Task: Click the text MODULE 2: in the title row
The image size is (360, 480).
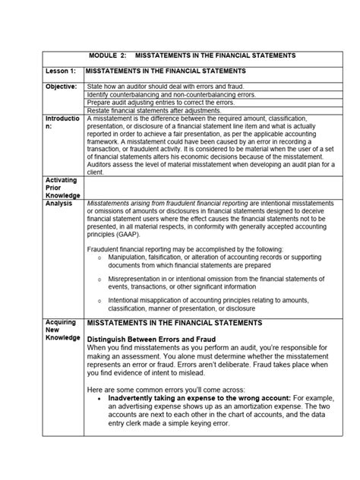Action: tap(112, 56)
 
